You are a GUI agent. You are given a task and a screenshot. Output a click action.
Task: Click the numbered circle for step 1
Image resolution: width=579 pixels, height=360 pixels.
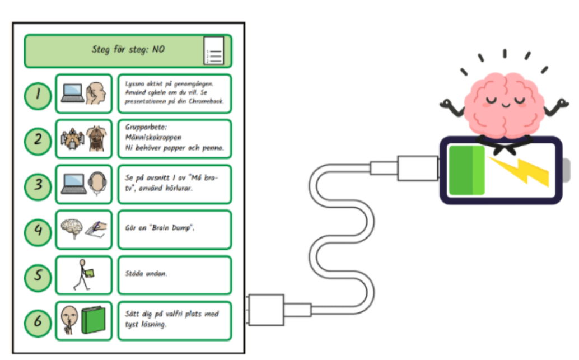(38, 94)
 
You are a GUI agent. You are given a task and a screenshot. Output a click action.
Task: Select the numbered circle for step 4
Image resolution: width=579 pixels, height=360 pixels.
(38, 230)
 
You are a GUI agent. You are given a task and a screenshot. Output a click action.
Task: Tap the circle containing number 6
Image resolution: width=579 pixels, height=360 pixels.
(38, 321)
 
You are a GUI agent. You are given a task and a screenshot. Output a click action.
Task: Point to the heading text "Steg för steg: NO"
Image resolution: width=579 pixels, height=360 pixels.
(128, 50)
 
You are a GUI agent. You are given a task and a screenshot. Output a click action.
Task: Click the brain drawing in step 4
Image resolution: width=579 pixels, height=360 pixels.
(71, 227)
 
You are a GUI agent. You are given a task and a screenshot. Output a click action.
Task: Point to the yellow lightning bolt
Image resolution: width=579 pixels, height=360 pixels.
(519, 170)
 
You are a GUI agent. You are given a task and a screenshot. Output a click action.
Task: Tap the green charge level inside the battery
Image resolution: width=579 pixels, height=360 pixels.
(466, 170)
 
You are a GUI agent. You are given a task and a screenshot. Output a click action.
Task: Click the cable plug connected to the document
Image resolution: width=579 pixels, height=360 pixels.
(268, 309)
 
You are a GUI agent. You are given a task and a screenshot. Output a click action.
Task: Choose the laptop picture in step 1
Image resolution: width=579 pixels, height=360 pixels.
(72, 92)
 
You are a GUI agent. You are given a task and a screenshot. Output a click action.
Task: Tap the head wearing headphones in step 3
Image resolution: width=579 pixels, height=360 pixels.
(96, 183)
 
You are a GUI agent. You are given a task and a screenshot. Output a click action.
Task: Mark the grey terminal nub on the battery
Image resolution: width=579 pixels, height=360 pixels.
(566, 170)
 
